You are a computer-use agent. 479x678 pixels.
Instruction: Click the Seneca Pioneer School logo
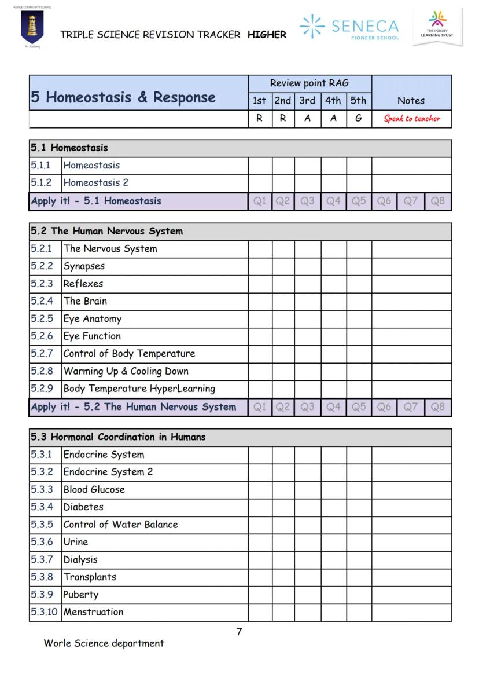coord(349,27)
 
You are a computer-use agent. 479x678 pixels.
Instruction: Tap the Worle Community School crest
coord(32,27)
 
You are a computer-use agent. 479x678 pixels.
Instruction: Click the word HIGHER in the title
coord(267,35)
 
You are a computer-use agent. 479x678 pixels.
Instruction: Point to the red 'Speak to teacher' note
coord(411,119)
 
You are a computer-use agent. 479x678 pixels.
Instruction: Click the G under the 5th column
coord(359,119)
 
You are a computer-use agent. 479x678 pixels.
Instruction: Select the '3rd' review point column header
coord(307,101)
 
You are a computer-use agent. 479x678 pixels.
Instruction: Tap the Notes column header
coord(411,101)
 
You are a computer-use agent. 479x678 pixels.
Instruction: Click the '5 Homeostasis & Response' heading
coord(123,97)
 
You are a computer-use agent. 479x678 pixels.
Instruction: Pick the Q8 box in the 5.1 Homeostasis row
coord(438,201)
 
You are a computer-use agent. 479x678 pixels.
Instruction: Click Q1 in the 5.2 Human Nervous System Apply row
coord(260,407)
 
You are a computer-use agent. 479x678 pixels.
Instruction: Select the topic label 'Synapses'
coord(84,266)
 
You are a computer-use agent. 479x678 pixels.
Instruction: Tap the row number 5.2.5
coord(42,319)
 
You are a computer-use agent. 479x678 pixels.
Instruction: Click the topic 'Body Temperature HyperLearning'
coord(139,389)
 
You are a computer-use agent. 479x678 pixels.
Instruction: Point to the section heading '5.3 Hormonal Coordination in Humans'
coord(118,437)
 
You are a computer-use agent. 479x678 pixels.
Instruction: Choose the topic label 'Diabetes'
coord(83,507)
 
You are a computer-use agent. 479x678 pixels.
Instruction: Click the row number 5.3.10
coord(45,612)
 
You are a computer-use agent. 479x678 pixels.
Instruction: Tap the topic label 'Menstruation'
coord(93,612)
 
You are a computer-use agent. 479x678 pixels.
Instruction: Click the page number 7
coord(239,632)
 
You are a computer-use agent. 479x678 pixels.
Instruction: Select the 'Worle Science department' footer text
coord(104,643)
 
